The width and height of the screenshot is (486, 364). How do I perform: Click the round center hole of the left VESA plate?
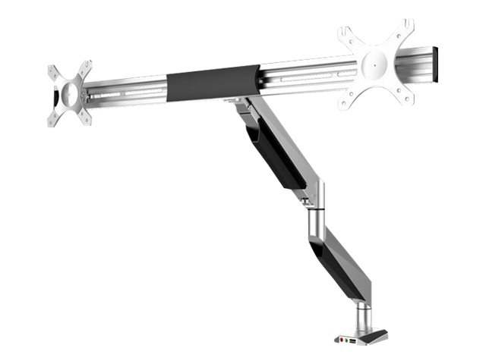[68, 93]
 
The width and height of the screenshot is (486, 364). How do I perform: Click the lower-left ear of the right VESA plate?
[350, 97]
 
